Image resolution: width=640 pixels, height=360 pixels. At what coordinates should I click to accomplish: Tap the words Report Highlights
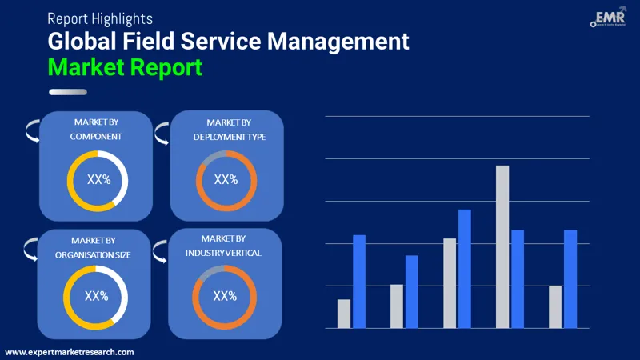click(x=100, y=18)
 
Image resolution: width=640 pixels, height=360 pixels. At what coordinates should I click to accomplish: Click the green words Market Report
click(x=125, y=66)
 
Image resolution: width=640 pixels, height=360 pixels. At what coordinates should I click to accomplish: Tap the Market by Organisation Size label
click(x=94, y=247)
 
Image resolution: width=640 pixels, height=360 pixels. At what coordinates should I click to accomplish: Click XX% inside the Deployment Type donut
click(x=226, y=179)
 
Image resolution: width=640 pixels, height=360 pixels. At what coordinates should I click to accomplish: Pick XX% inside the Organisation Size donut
click(x=96, y=296)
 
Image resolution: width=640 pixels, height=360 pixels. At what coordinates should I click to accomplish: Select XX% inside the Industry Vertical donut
click(x=225, y=296)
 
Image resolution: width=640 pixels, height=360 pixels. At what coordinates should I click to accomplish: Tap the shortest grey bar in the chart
click(x=344, y=314)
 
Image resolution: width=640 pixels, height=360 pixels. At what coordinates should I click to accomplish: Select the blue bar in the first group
click(x=359, y=281)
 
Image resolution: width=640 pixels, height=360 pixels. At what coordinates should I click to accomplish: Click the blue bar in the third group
click(x=465, y=268)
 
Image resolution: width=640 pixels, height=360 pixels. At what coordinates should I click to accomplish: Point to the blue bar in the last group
click(x=570, y=278)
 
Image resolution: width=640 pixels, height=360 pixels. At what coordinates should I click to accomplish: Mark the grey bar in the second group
click(x=397, y=306)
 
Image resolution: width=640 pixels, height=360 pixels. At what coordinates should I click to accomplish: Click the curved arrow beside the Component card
click(x=31, y=130)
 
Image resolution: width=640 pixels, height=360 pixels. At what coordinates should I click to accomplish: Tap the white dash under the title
click(x=68, y=92)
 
